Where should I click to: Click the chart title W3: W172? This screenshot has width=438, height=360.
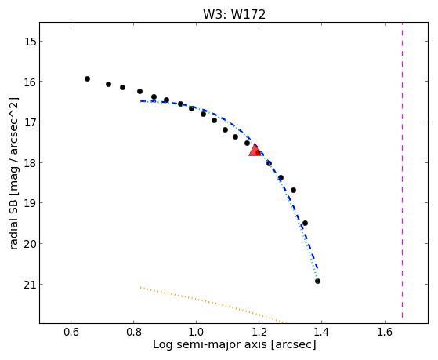click(x=234, y=15)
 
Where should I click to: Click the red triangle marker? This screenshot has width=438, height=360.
click(x=255, y=151)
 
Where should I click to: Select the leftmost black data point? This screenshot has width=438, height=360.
click(x=87, y=79)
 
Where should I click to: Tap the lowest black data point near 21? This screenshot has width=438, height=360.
click(x=317, y=281)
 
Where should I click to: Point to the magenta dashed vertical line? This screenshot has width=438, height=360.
click(x=402, y=170)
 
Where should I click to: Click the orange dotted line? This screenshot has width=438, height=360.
click(x=212, y=305)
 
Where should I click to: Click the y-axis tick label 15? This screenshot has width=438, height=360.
click(x=31, y=42)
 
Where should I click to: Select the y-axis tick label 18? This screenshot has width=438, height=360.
click(x=31, y=163)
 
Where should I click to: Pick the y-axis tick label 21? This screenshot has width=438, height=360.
click(x=31, y=285)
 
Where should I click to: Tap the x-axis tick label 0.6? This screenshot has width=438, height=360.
click(x=71, y=332)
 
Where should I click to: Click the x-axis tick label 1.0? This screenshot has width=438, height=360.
click(x=197, y=332)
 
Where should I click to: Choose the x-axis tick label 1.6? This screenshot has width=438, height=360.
click(x=385, y=332)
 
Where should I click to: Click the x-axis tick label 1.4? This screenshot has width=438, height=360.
click(x=322, y=332)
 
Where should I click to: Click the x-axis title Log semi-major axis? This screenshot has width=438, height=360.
click(x=210, y=345)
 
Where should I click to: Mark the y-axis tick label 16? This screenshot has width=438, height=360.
click(x=31, y=82)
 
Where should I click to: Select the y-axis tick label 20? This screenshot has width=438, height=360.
click(x=31, y=244)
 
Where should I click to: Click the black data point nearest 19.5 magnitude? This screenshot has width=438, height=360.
click(x=305, y=224)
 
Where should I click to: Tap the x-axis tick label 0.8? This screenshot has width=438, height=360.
click(x=133, y=332)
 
